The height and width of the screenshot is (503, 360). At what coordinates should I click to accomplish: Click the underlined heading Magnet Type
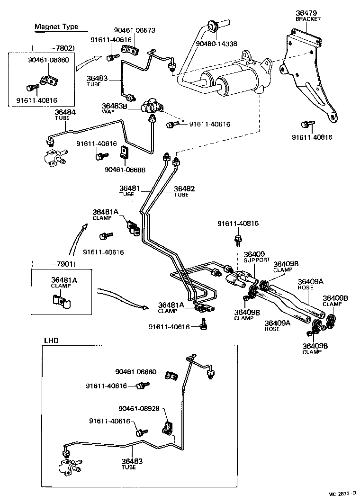click(56, 27)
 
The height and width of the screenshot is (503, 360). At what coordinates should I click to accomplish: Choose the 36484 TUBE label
click(64, 115)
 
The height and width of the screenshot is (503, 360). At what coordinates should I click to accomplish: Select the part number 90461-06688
click(125, 169)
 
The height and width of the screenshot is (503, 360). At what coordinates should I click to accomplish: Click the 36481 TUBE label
click(130, 191)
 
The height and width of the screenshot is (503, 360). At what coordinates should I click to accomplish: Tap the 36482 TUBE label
click(184, 191)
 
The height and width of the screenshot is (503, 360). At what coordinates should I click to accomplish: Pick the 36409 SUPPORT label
click(256, 257)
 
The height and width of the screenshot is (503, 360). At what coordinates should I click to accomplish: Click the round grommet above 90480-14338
click(211, 24)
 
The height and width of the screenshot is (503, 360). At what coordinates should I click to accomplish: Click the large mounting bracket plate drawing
click(308, 76)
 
